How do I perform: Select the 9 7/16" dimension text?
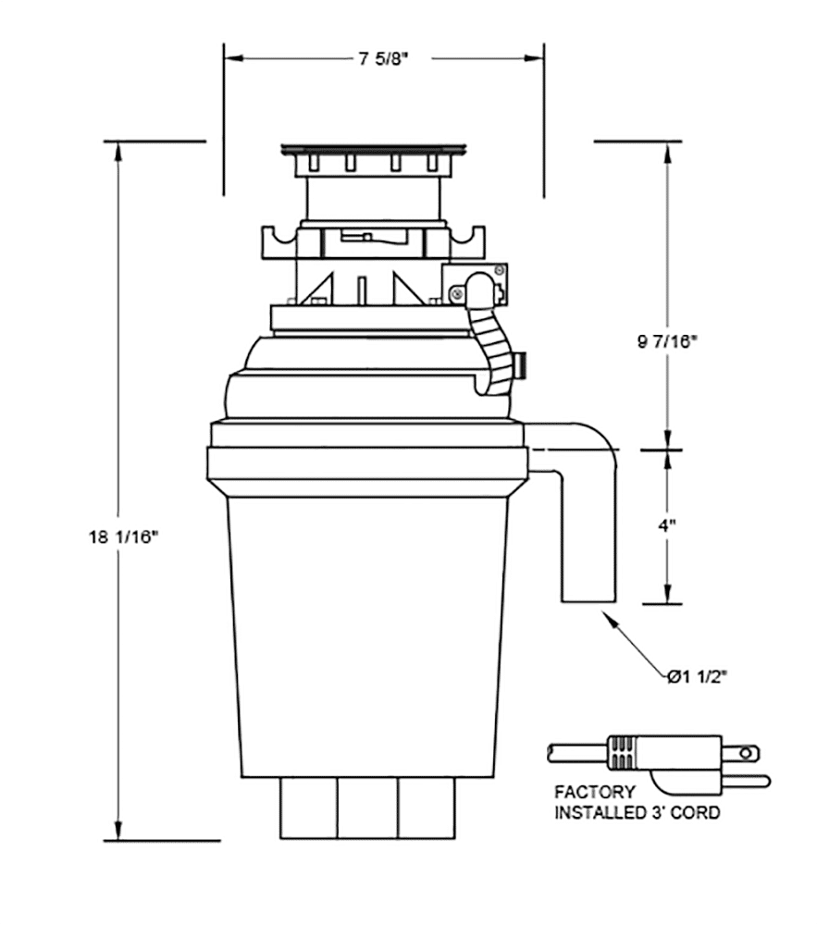(667, 340)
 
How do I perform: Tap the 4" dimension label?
(667, 524)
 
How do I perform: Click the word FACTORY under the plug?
(594, 793)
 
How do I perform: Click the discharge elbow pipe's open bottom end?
(588, 602)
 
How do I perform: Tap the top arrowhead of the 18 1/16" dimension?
(118, 149)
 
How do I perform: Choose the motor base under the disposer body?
(367, 808)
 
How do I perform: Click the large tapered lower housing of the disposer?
(367, 638)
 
